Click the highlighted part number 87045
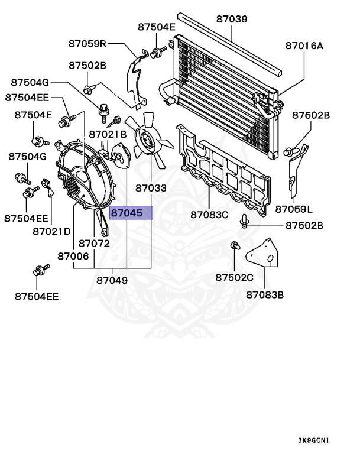(x=127, y=213)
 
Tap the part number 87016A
(x=304, y=44)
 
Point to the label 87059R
(x=86, y=43)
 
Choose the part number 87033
(x=150, y=189)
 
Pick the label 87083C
(x=209, y=214)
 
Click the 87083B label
(x=265, y=294)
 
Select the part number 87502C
(x=234, y=277)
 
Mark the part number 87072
(x=94, y=243)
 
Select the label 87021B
(x=108, y=134)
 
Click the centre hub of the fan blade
(x=146, y=140)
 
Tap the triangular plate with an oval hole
(x=262, y=255)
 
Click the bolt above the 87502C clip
(x=244, y=222)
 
